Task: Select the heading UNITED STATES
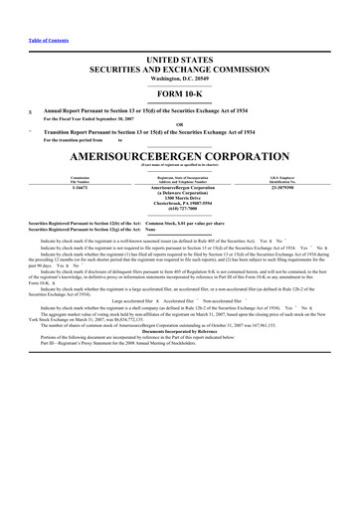(x=179, y=61)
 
